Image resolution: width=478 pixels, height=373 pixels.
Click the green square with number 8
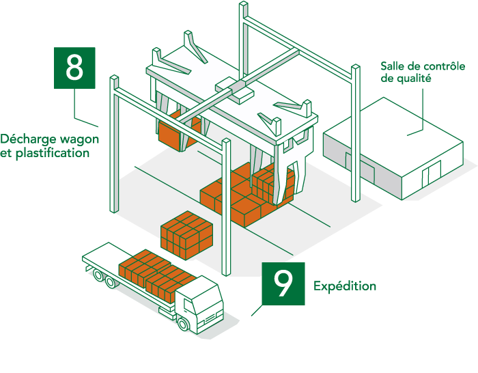click(x=74, y=68)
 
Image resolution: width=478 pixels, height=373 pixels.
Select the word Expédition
click(x=345, y=286)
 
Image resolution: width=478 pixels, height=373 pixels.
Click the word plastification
click(x=55, y=154)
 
